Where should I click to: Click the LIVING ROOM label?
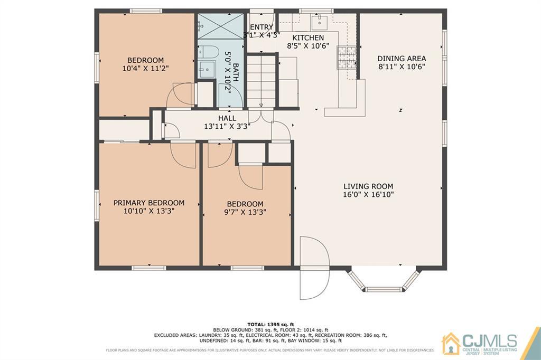368,186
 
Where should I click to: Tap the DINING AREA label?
402,59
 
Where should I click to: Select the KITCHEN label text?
308,38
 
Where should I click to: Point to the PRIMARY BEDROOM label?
149,203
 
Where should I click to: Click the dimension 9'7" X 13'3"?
245,212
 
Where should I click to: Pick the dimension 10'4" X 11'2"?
145,69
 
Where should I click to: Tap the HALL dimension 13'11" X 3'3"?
227,127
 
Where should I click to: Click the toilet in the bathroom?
208,52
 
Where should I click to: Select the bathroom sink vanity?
207,69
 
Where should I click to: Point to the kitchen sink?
319,22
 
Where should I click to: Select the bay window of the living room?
383,281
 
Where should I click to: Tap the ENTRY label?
262,27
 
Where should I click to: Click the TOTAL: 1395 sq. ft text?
270,324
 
